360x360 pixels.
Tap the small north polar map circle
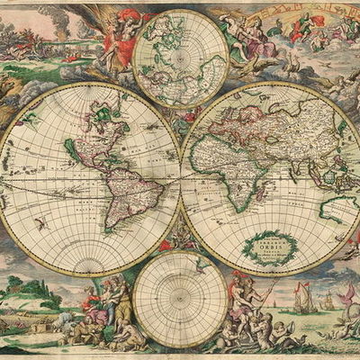click(x=180, y=58)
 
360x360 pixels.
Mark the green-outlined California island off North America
click(x=70, y=148)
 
